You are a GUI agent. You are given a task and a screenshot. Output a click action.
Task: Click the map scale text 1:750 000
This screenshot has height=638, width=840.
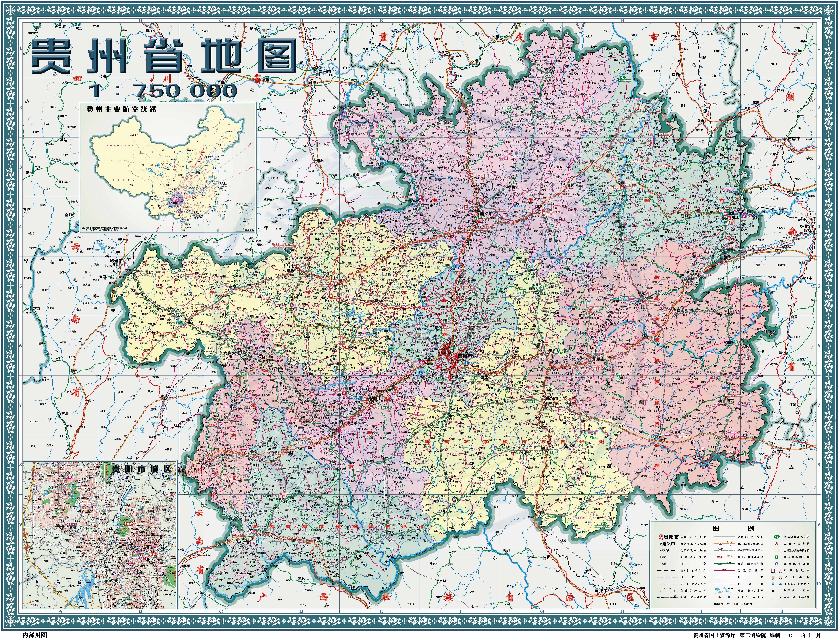pos(163,90)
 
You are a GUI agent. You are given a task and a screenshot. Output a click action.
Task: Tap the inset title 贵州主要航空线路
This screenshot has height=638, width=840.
pos(122,109)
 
